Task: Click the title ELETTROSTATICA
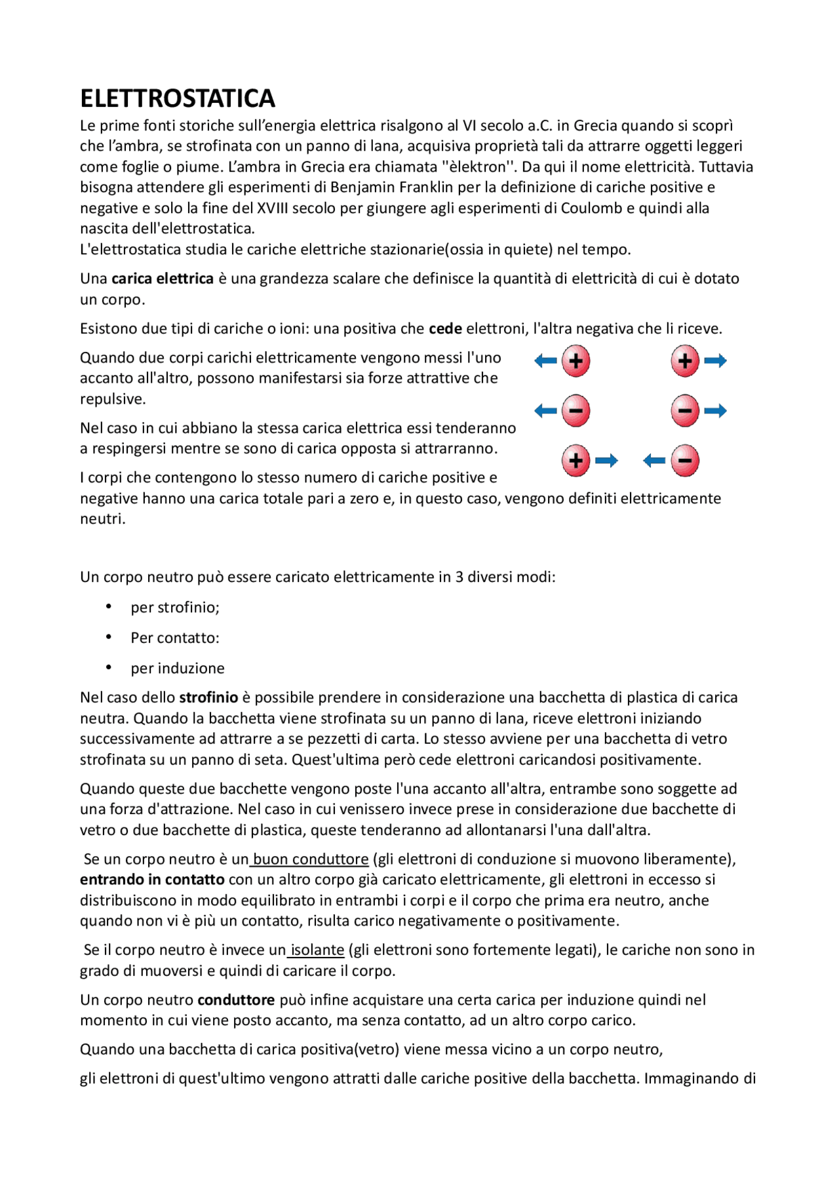(177, 98)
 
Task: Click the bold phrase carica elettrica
(163, 279)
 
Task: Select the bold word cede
(445, 329)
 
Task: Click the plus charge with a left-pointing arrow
(576, 361)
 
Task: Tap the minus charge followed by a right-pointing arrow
(685, 411)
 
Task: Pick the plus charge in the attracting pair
(576, 461)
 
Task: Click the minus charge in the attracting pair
(685, 461)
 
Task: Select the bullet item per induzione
(177, 669)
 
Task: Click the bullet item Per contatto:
(174, 638)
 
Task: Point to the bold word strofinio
(208, 697)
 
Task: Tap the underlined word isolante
(317, 950)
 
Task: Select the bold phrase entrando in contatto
(152, 880)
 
